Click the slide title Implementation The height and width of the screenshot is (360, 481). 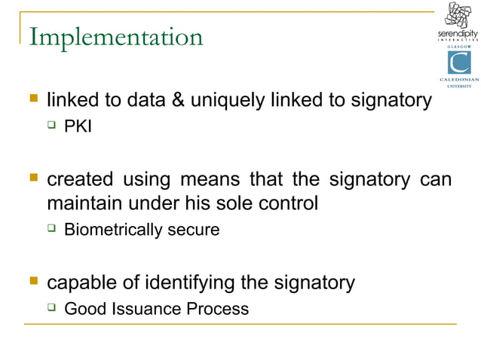pyautogui.click(x=115, y=37)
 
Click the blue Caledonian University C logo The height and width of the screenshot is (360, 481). pyautogui.click(x=458, y=63)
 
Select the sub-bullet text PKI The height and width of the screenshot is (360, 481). pyautogui.click(x=78, y=127)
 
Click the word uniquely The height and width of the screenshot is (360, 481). pyautogui.click(x=225, y=101)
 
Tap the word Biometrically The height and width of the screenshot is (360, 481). pyautogui.click(x=112, y=230)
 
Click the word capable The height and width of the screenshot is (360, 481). pyautogui.click(x=79, y=283)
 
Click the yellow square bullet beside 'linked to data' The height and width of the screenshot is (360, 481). pyautogui.click(x=33, y=99)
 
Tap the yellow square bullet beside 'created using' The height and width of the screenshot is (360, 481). pyautogui.click(x=33, y=179)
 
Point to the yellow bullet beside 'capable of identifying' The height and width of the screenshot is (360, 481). pyautogui.click(x=33, y=282)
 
